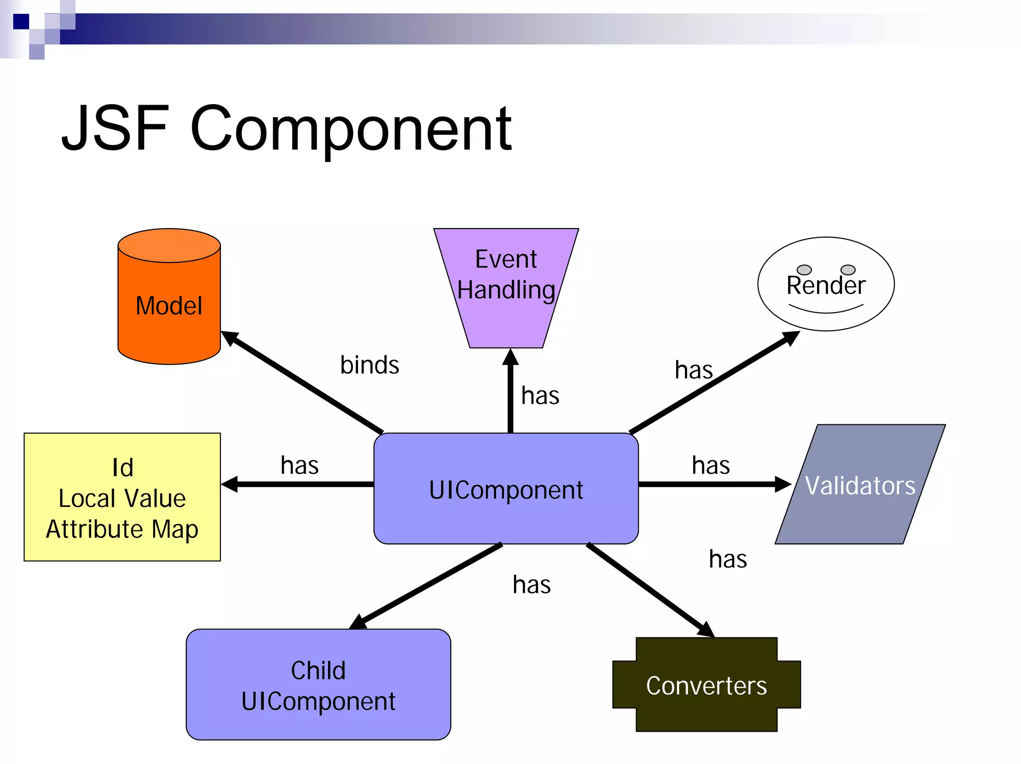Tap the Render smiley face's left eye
coord(804,269)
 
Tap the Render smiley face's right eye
coord(848,269)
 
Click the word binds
coord(369,365)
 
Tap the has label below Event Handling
coord(540,396)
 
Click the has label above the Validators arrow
coord(710,465)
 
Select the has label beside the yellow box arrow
coord(299,465)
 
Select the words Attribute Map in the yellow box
coord(122,528)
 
